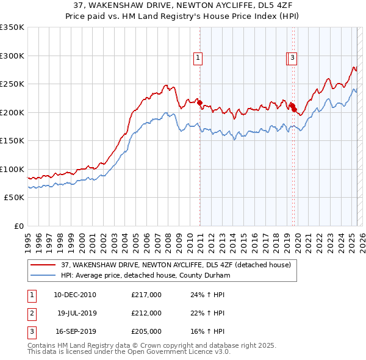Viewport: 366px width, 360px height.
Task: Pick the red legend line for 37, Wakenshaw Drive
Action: coord(43,265)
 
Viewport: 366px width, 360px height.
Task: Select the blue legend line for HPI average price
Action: coord(43,275)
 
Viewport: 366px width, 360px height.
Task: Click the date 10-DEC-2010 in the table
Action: coord(75,295)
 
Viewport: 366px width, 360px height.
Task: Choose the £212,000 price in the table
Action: coord(146,313)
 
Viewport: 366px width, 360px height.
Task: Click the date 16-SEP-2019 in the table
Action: coord(75,332)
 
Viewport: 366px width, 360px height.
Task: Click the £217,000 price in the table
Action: coord(146,295)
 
